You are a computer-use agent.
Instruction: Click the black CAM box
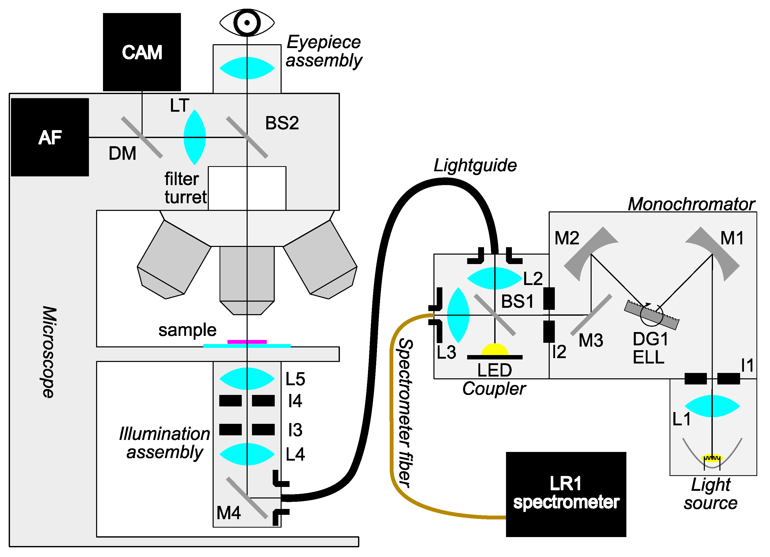click(x=142, y=52)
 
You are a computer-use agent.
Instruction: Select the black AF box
click(x=50, y=137)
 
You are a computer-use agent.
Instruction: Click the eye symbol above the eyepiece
click(x=247, y=23)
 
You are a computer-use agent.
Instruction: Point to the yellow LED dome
click(x=495, y=350)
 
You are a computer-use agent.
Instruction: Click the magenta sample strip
click(x=247, y=342)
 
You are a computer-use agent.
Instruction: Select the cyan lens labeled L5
click(x=247, y=378)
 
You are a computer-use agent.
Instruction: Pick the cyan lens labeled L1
click(x=712, y=406)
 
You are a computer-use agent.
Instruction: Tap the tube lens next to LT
click(x=194, y=137)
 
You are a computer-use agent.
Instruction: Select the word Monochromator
click(x=691, y=204)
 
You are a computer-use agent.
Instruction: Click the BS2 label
click(x=282, y=123)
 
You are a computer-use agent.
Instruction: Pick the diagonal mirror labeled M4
click(x=247, y=497)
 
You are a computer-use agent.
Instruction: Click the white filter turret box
click(x=247, y=188)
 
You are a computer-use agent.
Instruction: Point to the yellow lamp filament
click(x=712, y=458)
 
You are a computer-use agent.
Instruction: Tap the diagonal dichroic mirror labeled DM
click(x=142, y=137)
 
